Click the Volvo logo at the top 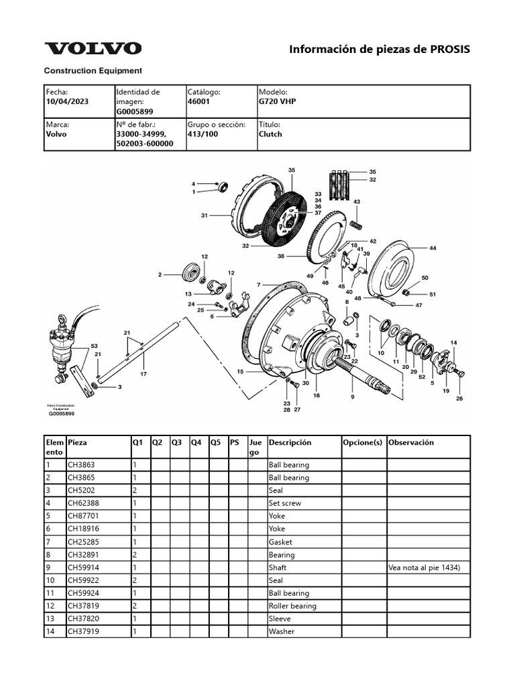coord(93,48)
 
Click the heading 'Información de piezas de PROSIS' coord(379,50)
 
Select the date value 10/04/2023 coord(67,101)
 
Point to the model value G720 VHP coord(277,101)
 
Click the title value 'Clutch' coord(270,134)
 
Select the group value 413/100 coord(203,134)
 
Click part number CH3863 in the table coord(82,465)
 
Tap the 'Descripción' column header coord(290,443)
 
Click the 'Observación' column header coord(411,443)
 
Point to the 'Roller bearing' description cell coord(292,606)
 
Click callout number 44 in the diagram coord(433,248)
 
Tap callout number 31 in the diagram coord(204,215)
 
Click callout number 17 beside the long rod coord(143,374)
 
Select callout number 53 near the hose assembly coord(94,346)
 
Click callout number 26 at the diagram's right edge coord(459,399)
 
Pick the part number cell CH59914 coord(84,568)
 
